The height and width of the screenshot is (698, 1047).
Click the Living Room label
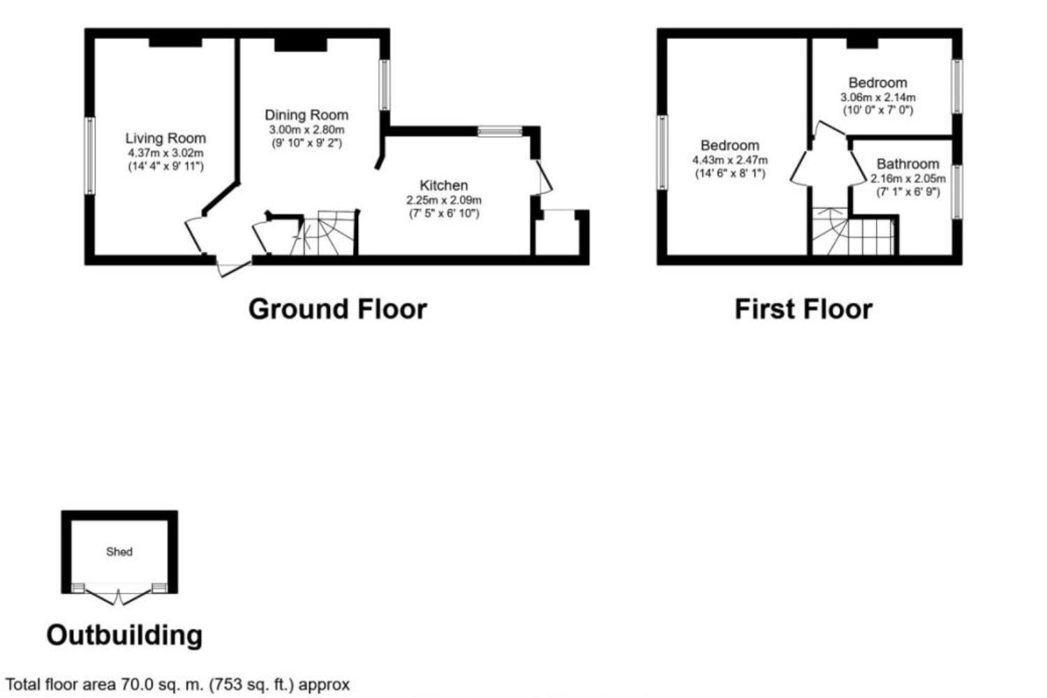165,138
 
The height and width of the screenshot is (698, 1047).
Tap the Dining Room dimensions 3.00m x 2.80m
306,130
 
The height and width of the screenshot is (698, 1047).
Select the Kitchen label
443,185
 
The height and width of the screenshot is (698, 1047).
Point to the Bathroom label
907,164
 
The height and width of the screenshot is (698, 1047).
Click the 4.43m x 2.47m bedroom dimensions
729,160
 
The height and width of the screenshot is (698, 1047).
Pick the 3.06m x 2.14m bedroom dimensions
877,98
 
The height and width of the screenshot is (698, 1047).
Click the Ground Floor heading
337,309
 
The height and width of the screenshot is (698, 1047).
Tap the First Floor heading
803,309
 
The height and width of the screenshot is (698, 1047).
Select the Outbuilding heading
124,635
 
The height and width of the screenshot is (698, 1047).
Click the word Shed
119,551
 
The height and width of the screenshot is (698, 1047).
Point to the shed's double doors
119,595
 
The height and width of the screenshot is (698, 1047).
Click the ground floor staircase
328,233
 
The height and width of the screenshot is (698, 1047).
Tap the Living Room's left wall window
90,156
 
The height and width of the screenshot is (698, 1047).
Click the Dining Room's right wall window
384,84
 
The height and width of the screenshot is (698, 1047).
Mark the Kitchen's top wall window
500,131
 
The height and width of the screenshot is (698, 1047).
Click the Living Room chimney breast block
175,42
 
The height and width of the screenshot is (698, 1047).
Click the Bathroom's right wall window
957,191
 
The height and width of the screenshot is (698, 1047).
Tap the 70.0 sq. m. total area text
177,685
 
